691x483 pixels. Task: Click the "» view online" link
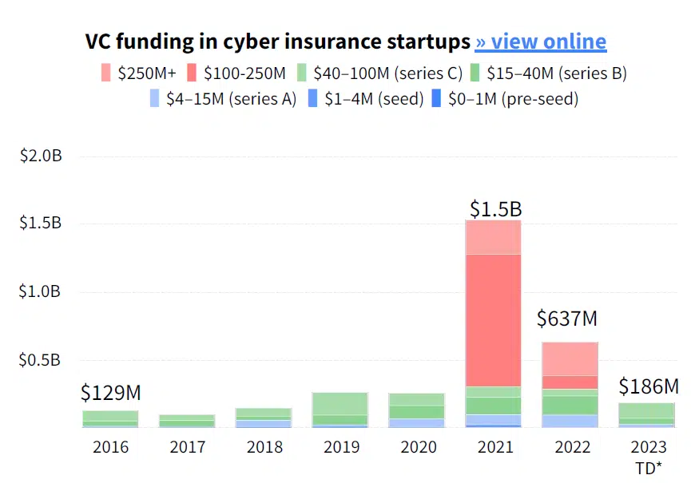(541, 42)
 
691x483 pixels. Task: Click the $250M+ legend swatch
(107, 73)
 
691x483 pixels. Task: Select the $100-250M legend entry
(236, 73)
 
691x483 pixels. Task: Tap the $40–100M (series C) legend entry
(380, 73)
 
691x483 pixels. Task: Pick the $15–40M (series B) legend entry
(550, 73)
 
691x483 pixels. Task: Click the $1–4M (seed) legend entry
(365, 99)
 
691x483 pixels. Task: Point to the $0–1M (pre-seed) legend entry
(504, 99)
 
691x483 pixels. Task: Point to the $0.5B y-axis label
(41, 360)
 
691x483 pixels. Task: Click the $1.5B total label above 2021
(495, 209)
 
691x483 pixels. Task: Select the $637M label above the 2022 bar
(567, 319)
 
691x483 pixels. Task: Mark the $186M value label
(648, 387)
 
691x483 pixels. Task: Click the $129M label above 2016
(110, 393)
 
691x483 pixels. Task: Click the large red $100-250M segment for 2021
(493, 319)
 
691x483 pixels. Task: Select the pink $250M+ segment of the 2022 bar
(570, 358)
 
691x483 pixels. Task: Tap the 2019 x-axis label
(340, 446)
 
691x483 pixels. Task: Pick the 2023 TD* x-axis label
(648, 457)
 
